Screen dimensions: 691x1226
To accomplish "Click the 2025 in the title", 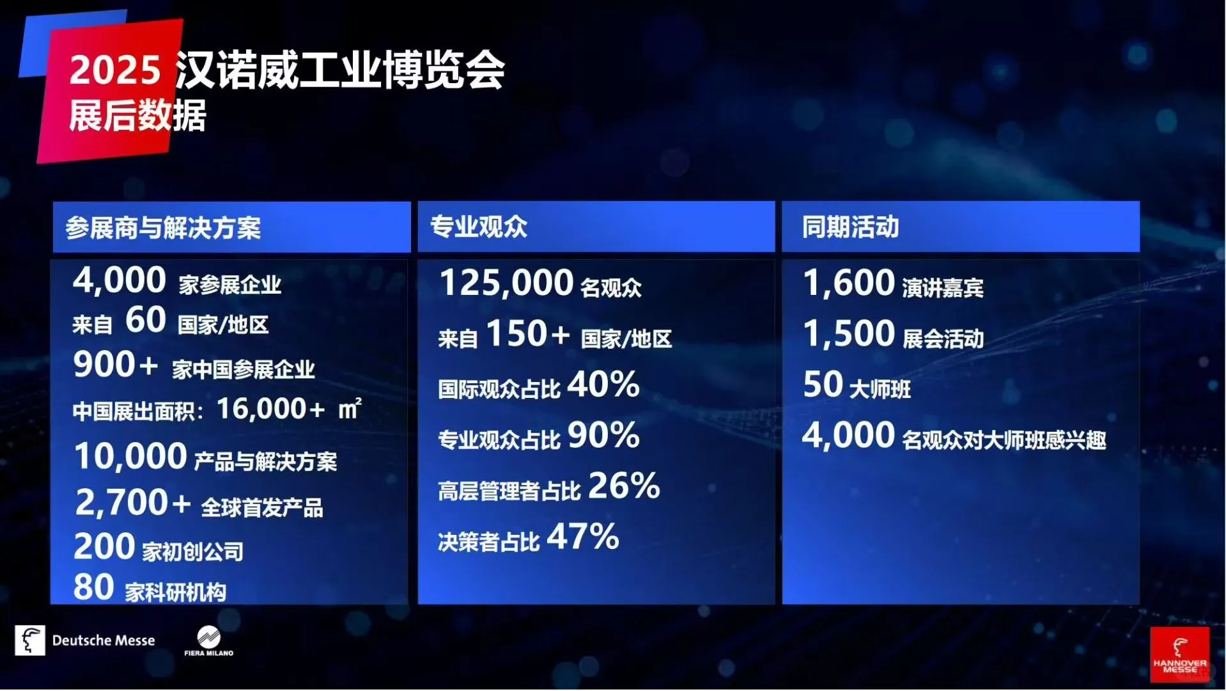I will point(114,69).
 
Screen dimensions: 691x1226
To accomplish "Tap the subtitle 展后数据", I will point(137,116).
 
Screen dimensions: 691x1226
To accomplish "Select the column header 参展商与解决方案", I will point(163,228).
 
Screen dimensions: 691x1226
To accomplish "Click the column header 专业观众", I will point(479,226).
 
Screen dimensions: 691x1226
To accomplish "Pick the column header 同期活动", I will point(850,226).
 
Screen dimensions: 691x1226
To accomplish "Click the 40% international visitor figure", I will point(603,385).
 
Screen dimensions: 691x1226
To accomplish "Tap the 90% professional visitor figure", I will point(603,436).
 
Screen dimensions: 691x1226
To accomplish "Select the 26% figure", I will point(624,486).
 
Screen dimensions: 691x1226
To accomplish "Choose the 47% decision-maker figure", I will point(583,537).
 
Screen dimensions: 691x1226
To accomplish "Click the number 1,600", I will point(848,283).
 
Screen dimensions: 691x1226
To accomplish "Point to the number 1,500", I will point(848,334).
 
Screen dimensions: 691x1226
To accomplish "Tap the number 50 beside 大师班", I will point(823,385).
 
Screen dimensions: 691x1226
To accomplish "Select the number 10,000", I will point(130,457).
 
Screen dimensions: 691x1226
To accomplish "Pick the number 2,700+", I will point(133,503).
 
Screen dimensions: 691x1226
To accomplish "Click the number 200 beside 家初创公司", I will point(104,547).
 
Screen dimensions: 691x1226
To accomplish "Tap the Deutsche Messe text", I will point(104,640).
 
